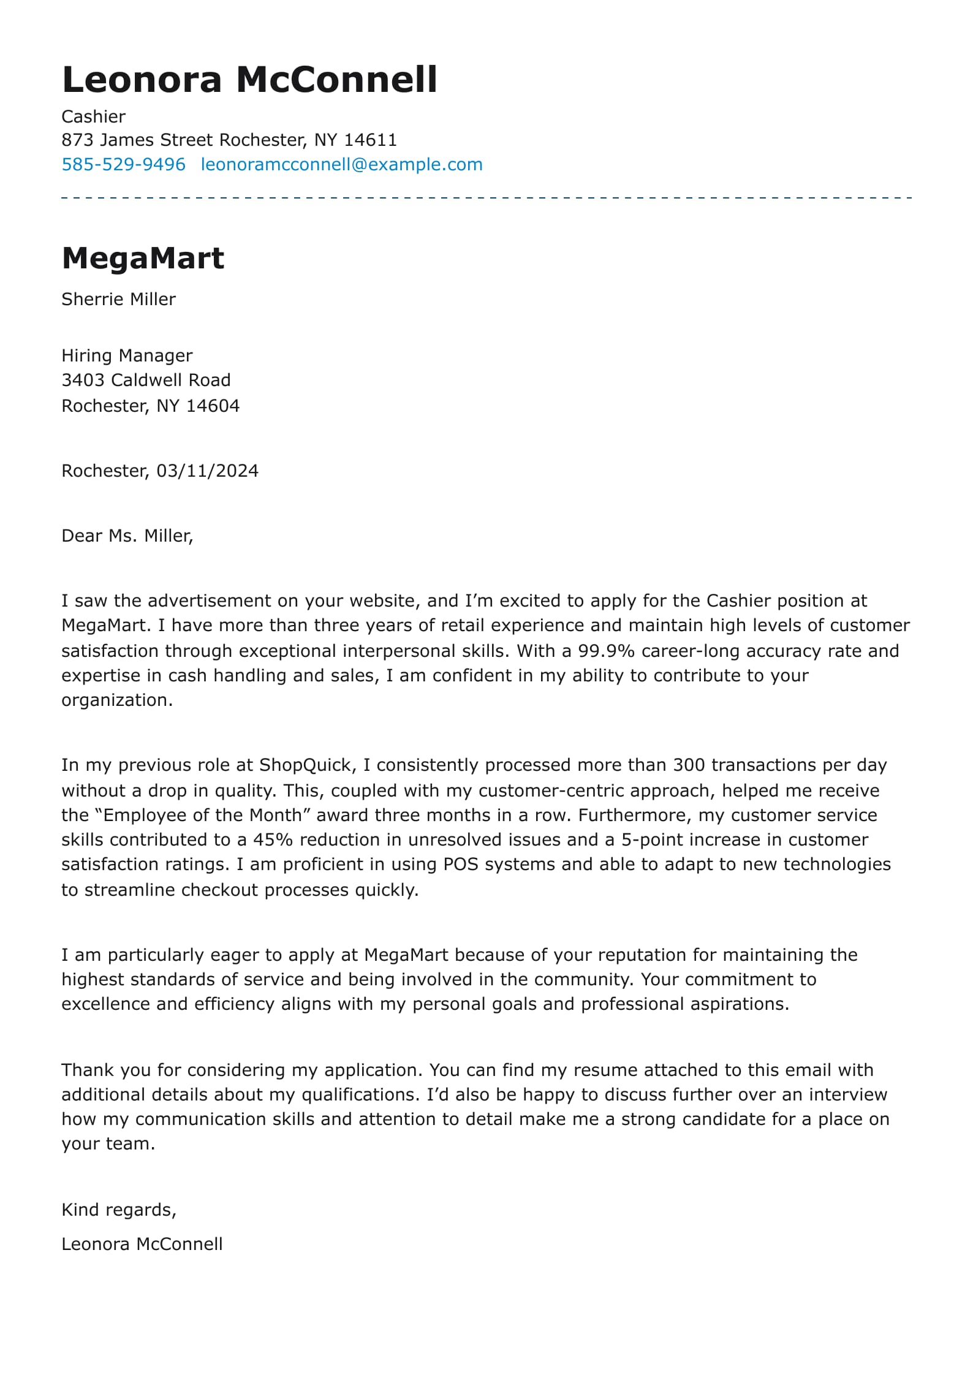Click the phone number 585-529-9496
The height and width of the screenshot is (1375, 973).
click(x=123, y=164)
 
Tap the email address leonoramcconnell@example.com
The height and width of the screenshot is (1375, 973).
click(x=341, y=164)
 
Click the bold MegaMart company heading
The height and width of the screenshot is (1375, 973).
click(x=143, y=258)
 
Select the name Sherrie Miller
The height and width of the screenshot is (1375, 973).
click(x=118, y=299)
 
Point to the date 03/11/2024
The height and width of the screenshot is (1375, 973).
click(x=207, y=471)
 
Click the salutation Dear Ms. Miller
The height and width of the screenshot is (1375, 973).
click(x=127, y=536)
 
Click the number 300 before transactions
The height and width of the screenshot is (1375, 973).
click(x=689, y=765)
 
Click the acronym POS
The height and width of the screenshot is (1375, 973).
click(x=456, y=864)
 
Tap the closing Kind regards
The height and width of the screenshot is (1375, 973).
click(x=118, y=1210)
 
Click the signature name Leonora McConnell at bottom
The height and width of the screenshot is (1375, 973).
click(x=142, y=1244)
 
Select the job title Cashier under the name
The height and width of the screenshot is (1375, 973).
click(x=93, y=116)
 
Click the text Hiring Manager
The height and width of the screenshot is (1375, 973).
click(x=127, y=355)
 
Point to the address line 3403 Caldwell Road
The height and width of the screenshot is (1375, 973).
click(x=146, y=380)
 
